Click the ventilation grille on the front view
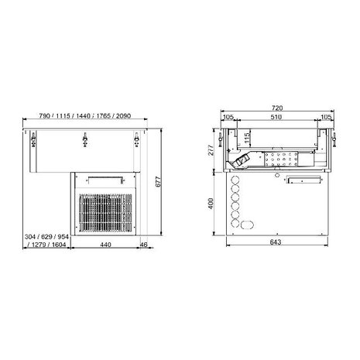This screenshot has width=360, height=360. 104,210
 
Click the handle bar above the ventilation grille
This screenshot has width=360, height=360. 105,177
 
